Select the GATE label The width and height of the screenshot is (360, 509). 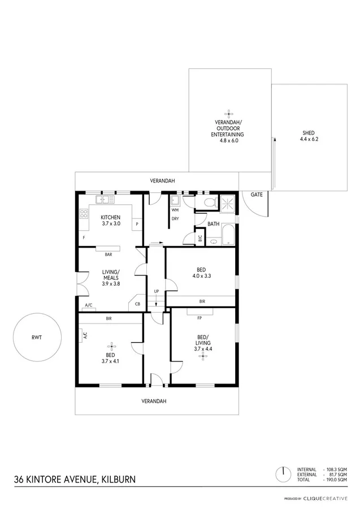pyautogui.click(x=257, y=194)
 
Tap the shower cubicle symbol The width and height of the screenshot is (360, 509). pyautogui.click(x=228, y=203)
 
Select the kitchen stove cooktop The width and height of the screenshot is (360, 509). pyautogui.click(x=84, y=214)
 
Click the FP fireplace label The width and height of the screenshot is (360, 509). pyautogui.click(x=199, y=318)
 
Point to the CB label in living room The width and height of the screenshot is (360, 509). pyautogui.click(x=137, y=304)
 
